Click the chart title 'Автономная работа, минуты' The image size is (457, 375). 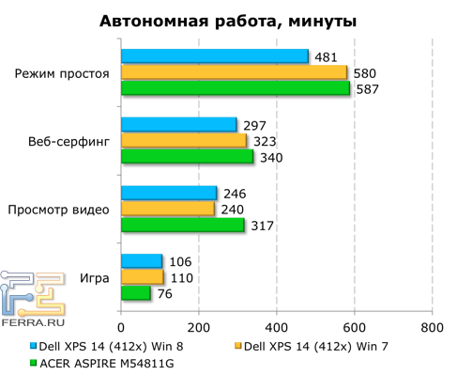tap(228, 22)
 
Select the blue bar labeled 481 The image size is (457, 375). tap(214, 57)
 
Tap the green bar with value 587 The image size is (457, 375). tap(235, 88)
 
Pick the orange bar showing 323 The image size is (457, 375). tap(183, 141)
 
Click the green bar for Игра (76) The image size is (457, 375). tap(135, 293)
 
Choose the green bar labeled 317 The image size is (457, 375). tap(182, 225)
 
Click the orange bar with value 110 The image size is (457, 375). tap(142, 277)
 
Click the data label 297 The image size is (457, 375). tap(254, 125)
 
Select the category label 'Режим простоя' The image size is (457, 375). tap(63, 73)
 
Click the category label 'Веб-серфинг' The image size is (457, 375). tap(69, 141)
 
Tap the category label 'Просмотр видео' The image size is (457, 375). tap(58, 210)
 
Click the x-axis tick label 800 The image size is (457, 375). tap(432, 327)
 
